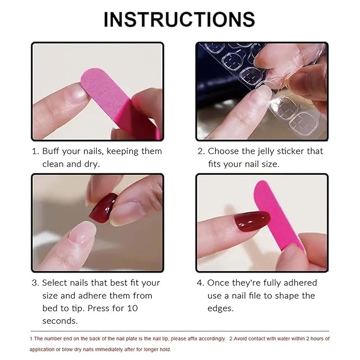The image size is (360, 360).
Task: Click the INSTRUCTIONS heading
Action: coord(179,19)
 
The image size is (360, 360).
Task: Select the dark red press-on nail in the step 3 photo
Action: coord(103,208)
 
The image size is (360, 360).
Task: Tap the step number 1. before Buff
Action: coord(35,151)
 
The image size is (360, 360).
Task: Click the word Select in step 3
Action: coord(56,283)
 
